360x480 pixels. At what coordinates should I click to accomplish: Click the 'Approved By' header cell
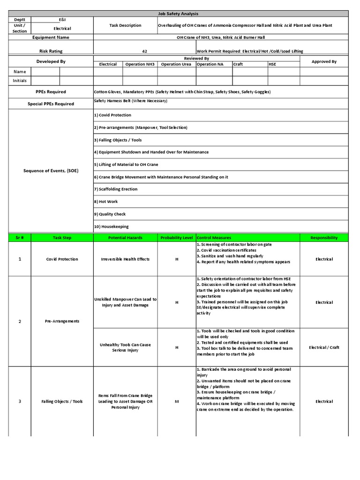pos(324,61)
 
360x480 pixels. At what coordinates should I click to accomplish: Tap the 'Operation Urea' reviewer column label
pos(176,64)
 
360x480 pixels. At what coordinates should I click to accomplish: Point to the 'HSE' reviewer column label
pos(272,64)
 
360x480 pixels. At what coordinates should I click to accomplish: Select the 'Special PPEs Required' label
pos(52,104)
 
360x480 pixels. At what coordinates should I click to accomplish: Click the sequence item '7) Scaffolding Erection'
pos(116,189)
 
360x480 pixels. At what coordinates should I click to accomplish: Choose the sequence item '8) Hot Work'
pos(106,202)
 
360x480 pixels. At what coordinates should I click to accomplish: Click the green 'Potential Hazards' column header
pos(125,238)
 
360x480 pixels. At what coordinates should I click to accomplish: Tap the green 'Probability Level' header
pos(177,238)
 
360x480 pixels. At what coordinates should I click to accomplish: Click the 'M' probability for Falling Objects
pos(177,401)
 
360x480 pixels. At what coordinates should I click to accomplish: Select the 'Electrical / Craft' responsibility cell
pos(324,347)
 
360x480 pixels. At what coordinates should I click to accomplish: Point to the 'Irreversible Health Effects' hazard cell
pos(125,259)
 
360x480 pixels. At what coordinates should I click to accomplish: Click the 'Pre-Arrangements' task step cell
pos(62,321)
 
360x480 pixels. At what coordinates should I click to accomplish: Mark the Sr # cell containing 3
pos(19,401)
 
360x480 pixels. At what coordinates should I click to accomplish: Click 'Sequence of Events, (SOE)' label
pos(51,171)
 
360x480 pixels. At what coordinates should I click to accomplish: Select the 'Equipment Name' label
pos(51,37)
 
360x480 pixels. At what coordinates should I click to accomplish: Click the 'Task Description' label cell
pos(125,26)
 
